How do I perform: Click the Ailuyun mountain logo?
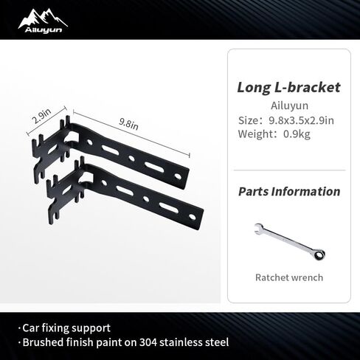(43, 21)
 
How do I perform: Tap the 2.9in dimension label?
(41, 117)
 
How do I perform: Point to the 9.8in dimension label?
(128, 124)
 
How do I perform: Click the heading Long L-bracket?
(288, 88)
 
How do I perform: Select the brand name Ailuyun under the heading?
(289, 105)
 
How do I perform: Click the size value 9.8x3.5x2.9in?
(301, 120)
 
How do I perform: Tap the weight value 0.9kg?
(297, 134)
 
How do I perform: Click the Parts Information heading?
(289, 192)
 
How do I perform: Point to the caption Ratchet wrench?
(289, 277)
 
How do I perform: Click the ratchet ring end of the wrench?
(319, 255)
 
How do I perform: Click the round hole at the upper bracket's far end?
(178, 176)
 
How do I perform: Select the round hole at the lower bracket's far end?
(192, 217)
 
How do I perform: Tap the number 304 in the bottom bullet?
(148, 342)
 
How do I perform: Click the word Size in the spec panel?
(248, 120)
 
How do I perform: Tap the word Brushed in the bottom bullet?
(43, 342)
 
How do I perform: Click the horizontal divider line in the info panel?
(289, 170)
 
